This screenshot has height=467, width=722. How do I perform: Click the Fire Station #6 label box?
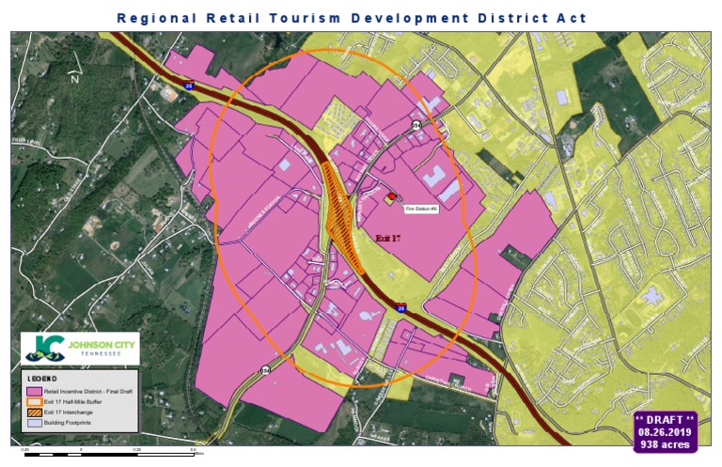[x=421, y=208]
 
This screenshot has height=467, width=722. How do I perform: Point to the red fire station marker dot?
[x=392, y=195]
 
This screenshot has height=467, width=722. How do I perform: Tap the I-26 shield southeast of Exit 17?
[x=401, y=306]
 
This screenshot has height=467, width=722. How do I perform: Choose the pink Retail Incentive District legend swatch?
[x=35, y=391]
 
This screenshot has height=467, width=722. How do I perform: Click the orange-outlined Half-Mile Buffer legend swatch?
[x=35, y=402]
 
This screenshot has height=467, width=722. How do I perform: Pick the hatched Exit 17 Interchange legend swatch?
[x=35, y=413]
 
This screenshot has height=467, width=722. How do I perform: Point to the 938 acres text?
[x=665, y=444]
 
